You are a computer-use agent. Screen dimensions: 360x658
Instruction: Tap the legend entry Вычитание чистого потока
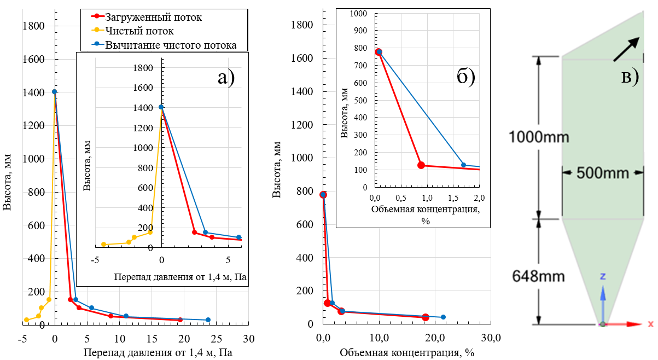[171, 45]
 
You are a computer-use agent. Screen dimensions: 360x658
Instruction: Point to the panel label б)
[465, 76]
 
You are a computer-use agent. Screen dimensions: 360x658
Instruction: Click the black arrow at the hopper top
[626, 49]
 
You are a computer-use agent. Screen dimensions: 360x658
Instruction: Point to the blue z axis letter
[603, 277]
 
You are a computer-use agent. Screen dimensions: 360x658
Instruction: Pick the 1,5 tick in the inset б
[453, 197]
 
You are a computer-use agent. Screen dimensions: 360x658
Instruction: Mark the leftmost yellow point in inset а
[103, 245]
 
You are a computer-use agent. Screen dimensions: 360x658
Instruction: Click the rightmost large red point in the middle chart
[426, 317]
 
